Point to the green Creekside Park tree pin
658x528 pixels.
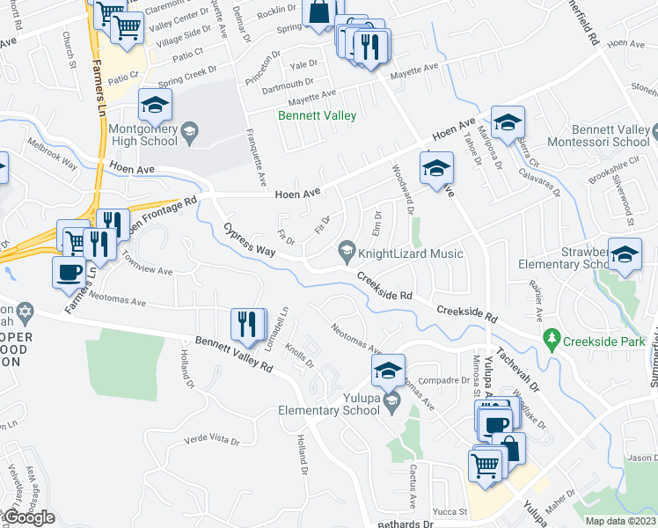552,337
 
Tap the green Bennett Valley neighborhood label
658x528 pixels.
318,115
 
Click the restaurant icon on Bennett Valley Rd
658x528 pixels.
247,325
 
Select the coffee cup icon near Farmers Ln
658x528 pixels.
69,272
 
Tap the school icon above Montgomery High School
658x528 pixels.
155,107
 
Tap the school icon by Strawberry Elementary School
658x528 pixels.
624,256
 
